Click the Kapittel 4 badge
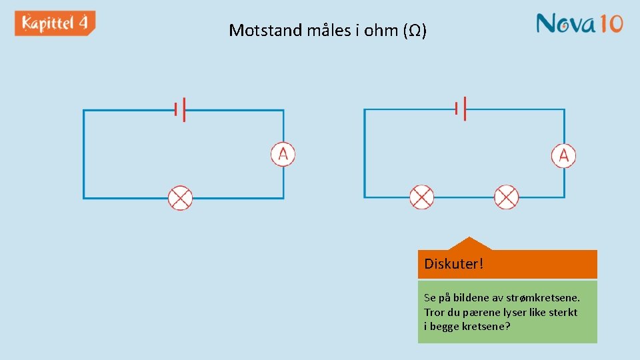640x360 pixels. tap(55, 23)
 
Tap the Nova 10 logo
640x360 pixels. tap(579, 23)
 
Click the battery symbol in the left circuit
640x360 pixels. tap(179, 109)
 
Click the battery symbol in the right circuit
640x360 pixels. tap(460, 108)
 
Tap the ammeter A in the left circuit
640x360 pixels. tap(283, 155)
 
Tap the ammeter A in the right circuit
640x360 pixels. tap(563, 155)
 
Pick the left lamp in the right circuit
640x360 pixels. tap(421, 197)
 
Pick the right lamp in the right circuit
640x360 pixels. tap(506, 197)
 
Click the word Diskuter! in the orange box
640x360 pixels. tap(453, 264)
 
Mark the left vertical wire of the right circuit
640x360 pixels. tap(365, 153)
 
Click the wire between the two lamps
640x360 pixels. tap(464, 197)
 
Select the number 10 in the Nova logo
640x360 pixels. tap(610, 23)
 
